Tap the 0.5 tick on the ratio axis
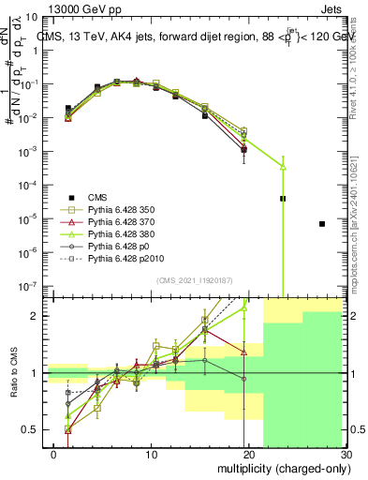28,429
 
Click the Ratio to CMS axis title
12,372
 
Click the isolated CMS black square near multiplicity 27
321,224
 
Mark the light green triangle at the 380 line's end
283,167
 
